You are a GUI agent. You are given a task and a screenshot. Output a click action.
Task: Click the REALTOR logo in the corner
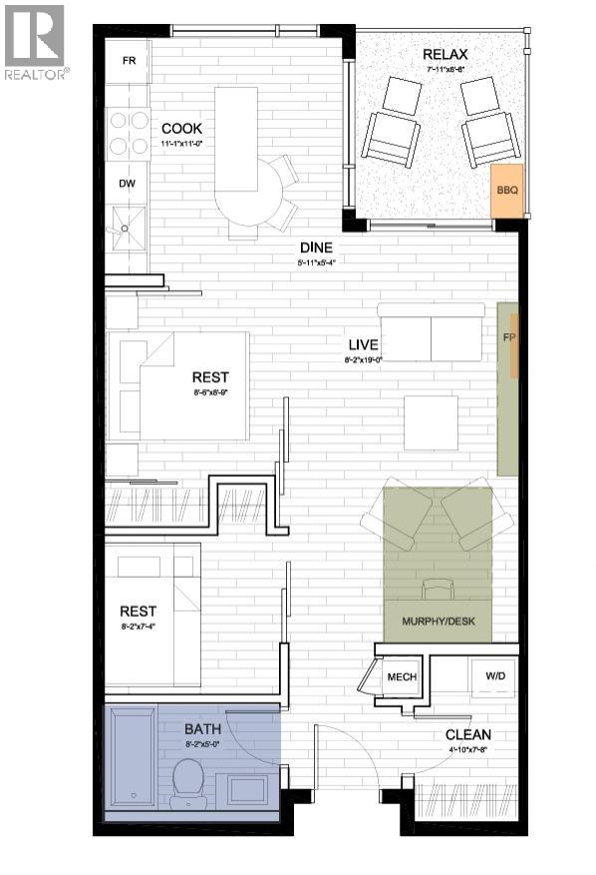click(x=35, y=42)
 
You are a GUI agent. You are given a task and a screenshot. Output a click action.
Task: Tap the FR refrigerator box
click(x=129, y=61)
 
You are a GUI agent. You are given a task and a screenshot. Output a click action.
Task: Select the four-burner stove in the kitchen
click(x=128, y=133)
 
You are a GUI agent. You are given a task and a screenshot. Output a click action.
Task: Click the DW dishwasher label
click(x=128, y=184)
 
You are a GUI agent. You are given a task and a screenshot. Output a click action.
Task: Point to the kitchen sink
click(x=127, y=227)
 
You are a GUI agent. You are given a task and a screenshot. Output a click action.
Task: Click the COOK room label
click(x=181, y=128)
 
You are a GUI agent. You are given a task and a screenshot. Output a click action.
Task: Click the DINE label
click(x=317, y=248)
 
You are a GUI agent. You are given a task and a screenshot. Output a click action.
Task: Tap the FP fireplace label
click(x=509, y=337)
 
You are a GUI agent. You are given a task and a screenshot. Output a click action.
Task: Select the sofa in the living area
click(x=431, y=331)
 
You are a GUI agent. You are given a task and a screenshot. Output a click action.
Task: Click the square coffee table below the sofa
click(x=431, y=423)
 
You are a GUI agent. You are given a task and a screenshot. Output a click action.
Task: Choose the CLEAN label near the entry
click(x=467, y=735)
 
